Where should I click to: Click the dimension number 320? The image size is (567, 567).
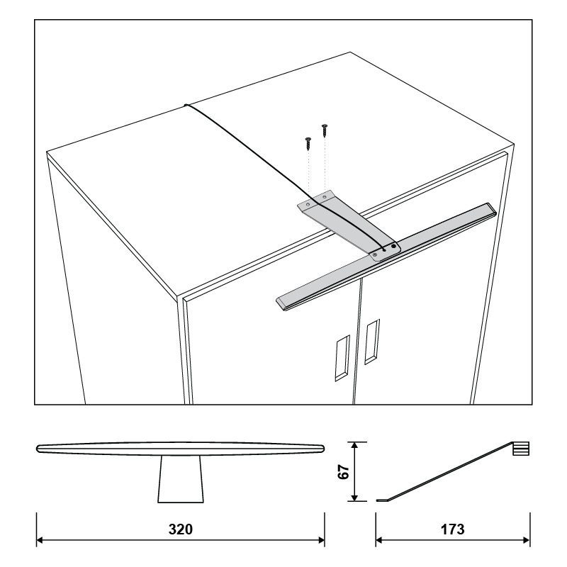pyautogui.click(x=181, y=529)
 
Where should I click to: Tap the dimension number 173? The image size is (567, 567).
pyautogui.click(x=452, y=529)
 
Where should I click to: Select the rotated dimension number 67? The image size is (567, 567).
pyautogui.click(x=344, y=472)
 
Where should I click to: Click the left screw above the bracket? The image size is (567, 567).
pyautogui.click(x=308, y=144)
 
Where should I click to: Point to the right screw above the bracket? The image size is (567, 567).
pyautogui.click(x=325, y=130)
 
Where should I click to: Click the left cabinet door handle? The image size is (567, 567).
pyautogui.click(x=342, y=358)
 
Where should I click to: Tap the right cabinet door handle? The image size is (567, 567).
pyautogui.click(x=372, y=342)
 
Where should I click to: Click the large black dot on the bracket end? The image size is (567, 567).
pyautogui.click(x=393, y=247)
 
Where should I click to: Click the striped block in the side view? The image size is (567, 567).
pyautogui.click(x=521, y=449)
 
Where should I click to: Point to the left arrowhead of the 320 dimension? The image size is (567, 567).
pyautogui.click(x=40, y=540)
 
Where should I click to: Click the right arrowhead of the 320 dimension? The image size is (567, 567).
pyautogui.click(x=321, y=540)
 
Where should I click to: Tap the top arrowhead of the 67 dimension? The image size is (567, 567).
pyautogui.click(x=355, y=446)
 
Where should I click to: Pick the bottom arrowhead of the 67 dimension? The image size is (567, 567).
pyautogui.click(x=355, y=498)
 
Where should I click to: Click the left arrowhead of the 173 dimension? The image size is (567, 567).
pyautogui.click(x=379, y=540)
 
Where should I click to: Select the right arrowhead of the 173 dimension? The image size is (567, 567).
pyautogui.click(x=526, y=540)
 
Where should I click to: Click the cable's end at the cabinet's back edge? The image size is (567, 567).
pyautogui.click(x=186, y=105)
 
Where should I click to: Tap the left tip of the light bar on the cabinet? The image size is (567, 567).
pyautogui.click(x=277, y=301)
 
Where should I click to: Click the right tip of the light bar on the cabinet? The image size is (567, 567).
pyautogui.click(x=495, y=211)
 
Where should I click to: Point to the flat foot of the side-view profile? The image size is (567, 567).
pyautogui.click(x=382, y=500)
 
